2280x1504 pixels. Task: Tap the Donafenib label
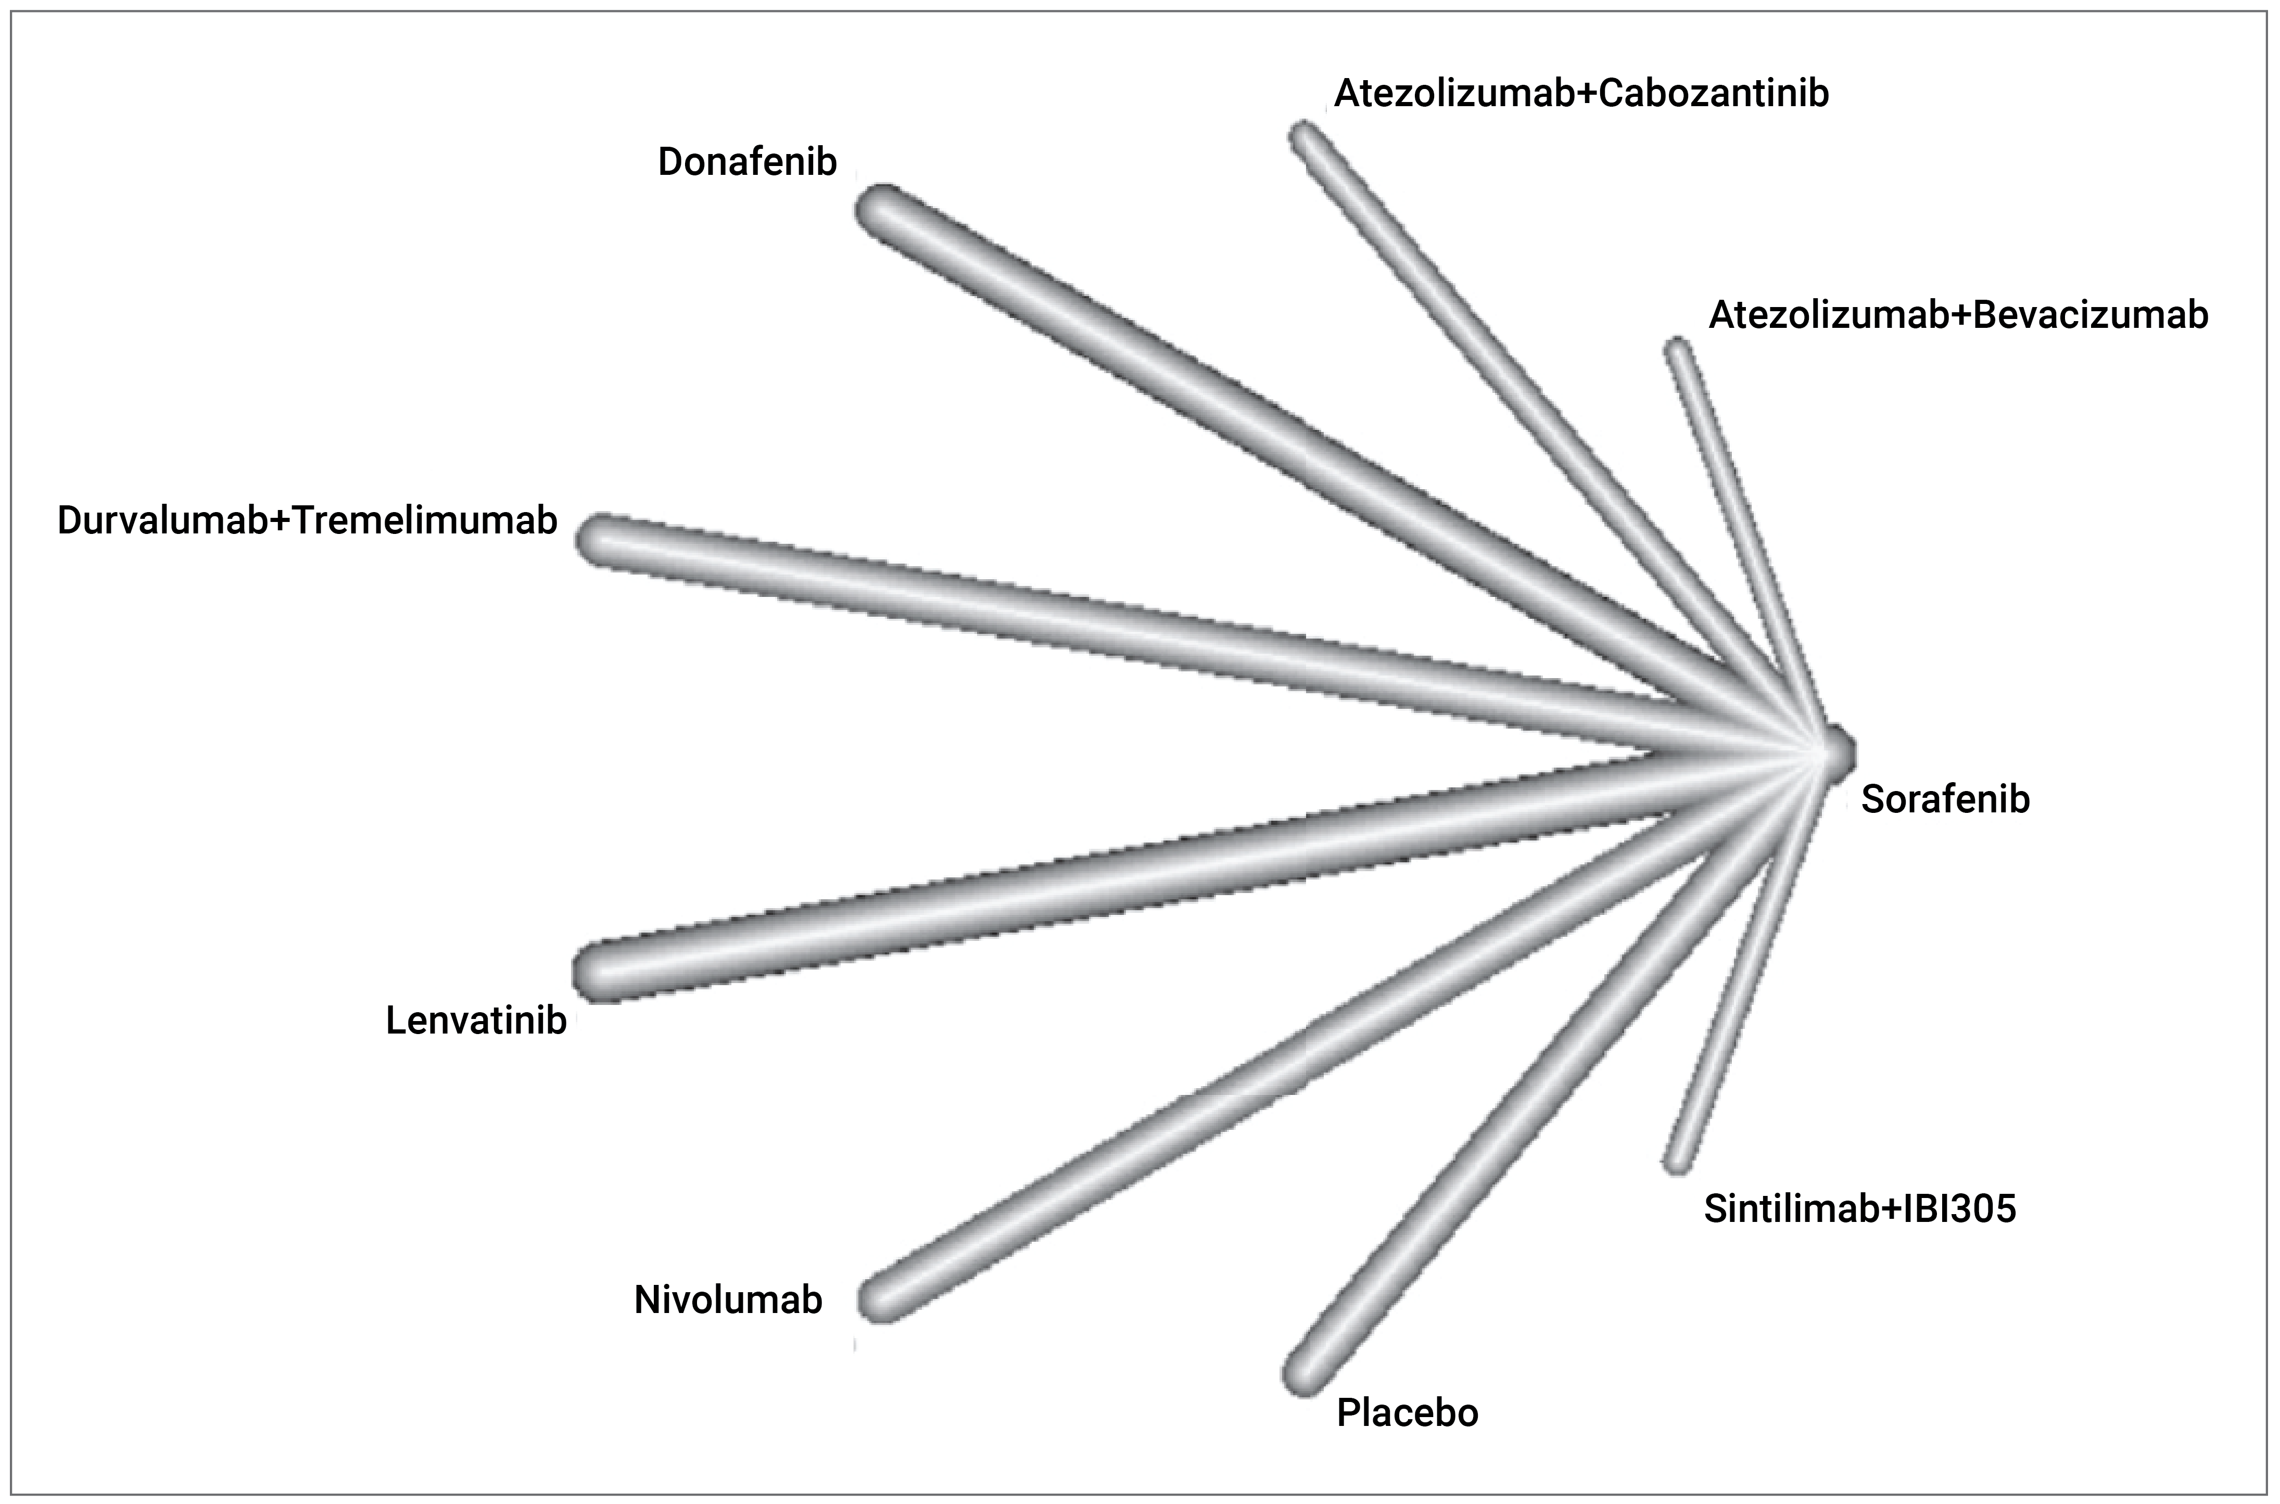pyautogui.click(x=746, y=162)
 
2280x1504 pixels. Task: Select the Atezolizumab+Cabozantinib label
pyautogui.click(x=1581, y=94)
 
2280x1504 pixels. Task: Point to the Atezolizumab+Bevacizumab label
pyautogui.click(x=1958, y=315)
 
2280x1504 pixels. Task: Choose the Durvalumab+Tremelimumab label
pyautogui.click(x=307, y=520)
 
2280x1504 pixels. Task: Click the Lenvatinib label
pyautogui.click(x=476, y=1021)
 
